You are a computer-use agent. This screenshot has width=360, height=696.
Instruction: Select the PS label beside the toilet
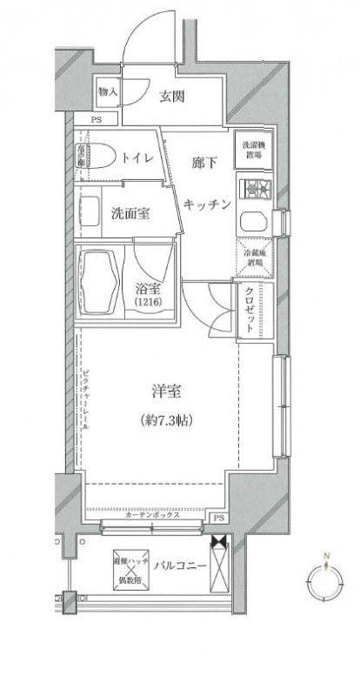pyautogui.click(x=96, y=121)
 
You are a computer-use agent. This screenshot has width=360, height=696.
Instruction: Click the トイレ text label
pyautogui.click(x=138, y=157)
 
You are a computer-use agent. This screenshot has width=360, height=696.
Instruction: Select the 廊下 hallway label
pyautogui.click(x=203, y=162)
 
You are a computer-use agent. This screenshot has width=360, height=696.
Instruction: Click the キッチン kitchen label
pyautogui.click(x=207, y=204)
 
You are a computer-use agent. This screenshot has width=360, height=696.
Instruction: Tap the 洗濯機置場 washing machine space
pyautogui.click(x=252, y=148)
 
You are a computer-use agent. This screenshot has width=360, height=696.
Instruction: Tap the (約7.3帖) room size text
pyautogui.click(x=165, y=420)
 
